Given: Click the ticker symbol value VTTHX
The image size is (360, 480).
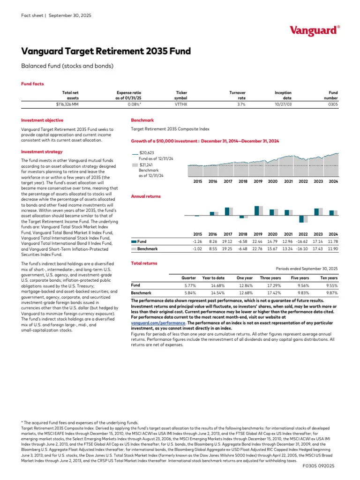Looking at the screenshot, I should click(x=181, y=105).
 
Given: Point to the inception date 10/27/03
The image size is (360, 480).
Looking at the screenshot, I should click(x=283, y=105).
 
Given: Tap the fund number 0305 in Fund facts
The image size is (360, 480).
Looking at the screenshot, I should click(x=333, y=105).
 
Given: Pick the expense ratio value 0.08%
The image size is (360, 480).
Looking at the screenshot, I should click(x=134, y=105).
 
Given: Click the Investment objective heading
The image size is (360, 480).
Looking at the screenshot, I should click(x=43, y=120).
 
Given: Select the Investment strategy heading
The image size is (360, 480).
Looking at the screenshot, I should click(x=42, y=152).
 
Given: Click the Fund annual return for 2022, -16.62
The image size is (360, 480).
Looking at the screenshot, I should click(x=303, y=241).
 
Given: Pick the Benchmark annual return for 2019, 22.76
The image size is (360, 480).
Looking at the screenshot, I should click(x=258, y=248).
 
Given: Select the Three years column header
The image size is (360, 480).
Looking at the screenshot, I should click(x=270, y=277).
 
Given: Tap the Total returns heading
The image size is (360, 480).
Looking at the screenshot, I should click(x=144, y=263).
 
